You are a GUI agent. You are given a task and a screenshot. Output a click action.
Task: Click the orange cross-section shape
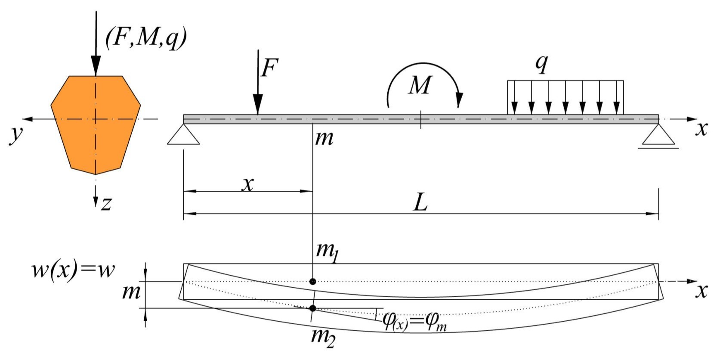96,125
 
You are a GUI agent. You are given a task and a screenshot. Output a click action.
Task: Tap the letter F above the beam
270,68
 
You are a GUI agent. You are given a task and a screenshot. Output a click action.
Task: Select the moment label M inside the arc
420,85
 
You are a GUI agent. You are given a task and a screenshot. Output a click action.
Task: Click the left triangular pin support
183,135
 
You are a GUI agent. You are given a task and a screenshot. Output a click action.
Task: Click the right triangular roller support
658,136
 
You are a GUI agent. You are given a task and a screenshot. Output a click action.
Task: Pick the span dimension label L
420,202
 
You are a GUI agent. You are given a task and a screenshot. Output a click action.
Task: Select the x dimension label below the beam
247,184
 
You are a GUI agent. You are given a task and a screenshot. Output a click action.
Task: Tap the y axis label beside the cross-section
16,133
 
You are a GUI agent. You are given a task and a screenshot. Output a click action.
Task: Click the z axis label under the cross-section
106,203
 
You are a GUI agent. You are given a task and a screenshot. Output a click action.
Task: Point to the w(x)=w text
74,270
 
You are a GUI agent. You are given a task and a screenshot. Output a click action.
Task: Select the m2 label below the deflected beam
323,336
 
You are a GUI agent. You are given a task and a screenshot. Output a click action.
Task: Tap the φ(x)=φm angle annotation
414,322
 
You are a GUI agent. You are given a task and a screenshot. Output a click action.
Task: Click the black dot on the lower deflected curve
313,308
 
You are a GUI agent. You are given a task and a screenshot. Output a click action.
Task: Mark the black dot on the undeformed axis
313,282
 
